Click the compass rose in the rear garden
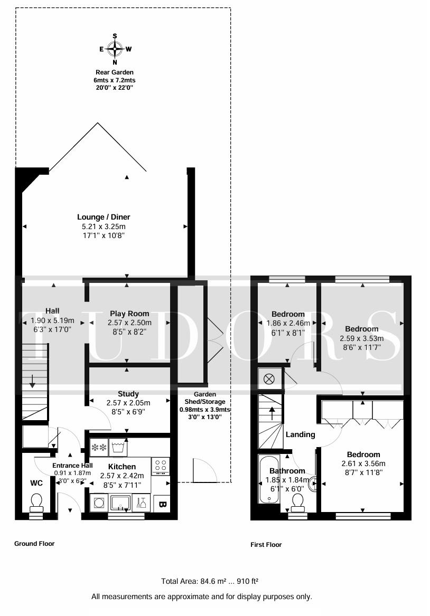coord(115,49)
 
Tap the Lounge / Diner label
coord(104,217)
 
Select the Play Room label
coord(129,314)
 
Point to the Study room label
coord(128,394)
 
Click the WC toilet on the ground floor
coord(36,503)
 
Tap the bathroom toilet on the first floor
coord(297,503)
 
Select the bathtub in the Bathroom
coord(269,479)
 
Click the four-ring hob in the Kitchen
coord(161,466)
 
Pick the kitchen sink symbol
coord(121,503)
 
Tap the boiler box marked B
coord(162,504)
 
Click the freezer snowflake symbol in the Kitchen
coord(99,448)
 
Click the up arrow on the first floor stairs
coord(272,414)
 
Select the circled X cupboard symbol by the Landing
coord(269,379)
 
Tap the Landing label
coord(300,434)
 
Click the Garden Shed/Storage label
coord(205,398)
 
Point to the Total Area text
coord(210,581)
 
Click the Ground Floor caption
coord(34,544)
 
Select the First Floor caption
coord(266,545)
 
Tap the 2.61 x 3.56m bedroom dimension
coord(363,463)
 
